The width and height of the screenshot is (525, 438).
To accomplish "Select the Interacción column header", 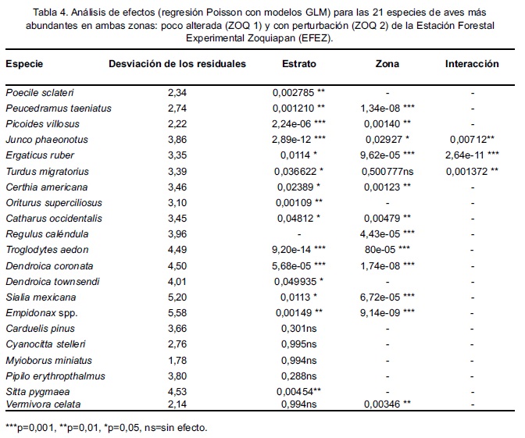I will click(x=472, y=64).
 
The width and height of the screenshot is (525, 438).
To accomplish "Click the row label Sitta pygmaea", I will click(x=33, y=390).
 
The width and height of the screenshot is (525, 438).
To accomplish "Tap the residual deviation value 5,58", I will click(x=179, y=312).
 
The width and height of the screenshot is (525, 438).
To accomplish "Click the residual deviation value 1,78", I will click(x=179, y=360).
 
